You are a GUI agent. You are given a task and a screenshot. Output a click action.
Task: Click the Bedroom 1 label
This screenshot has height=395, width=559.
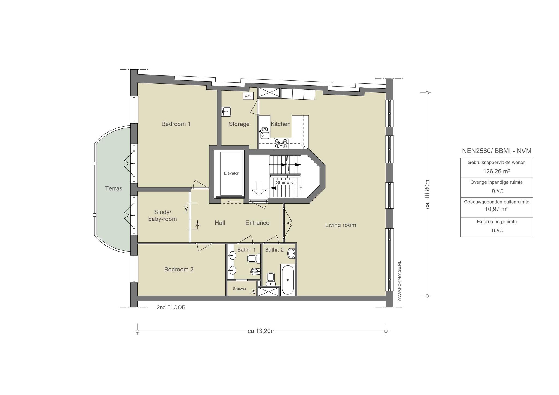(x=176, y=124)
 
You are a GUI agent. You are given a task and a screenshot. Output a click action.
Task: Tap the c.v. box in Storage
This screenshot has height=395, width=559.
(x=248, y=96)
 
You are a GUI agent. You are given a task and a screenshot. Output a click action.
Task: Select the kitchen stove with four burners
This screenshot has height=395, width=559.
(x=281, y=143)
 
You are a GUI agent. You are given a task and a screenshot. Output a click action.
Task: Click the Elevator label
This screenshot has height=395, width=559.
(x=231, y=173)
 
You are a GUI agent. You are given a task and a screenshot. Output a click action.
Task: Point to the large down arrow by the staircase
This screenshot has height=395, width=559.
(x=259, y=188)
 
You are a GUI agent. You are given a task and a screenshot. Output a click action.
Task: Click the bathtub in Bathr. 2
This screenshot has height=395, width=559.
(x=287, y=279)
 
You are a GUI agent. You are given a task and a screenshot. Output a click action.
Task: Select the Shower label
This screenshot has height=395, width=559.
(x=240, y=289)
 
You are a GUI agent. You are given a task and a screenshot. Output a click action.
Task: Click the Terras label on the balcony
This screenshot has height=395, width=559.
(x=114, y=188)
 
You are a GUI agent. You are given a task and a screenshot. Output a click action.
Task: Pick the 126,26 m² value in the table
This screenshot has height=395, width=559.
(x=496, y=172)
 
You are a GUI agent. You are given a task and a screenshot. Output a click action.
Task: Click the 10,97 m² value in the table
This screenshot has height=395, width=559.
(x=496, y=209)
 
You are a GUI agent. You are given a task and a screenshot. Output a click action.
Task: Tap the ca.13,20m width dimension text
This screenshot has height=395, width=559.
(x=261, y=331)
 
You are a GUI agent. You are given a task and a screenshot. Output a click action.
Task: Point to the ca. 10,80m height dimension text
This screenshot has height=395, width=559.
(x=428, y=194)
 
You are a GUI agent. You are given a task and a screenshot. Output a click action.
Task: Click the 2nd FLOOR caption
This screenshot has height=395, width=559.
(x=171, y=307)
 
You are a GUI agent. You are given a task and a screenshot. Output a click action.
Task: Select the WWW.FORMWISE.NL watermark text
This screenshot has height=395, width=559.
(x=399, y=281)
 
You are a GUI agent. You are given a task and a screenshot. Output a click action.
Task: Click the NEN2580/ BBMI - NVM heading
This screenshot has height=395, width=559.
(x=496, y=151)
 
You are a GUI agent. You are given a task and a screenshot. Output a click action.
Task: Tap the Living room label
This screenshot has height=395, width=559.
(x=341, y=225)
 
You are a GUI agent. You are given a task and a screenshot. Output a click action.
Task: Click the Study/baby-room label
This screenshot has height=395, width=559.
(x=162, y=216)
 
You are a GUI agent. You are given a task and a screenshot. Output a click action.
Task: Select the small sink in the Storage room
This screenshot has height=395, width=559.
(x=226, y=112)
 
